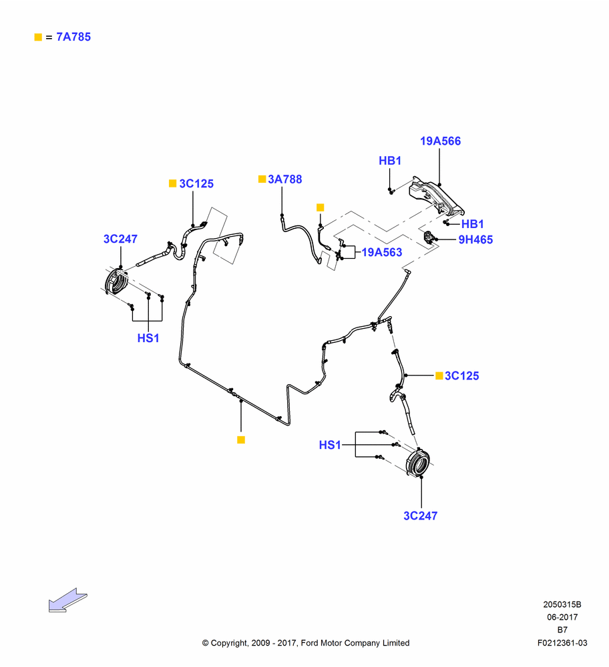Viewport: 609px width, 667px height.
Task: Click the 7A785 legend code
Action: (x=73, y=37)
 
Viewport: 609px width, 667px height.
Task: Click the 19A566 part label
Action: (x=440, y=141)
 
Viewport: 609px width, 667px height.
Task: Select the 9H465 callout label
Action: (x=475, y=239)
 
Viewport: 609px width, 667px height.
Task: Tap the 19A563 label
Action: (x=381, y=252)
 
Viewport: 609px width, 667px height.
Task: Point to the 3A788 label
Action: (x=285, y=179)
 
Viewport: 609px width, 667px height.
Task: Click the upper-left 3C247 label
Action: (x=120, y=239)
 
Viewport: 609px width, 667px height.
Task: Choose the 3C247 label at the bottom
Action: (x=420, y=516)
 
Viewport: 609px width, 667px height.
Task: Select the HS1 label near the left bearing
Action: (x=148, y=338)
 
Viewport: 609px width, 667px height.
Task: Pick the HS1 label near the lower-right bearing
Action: (x=330, y=445)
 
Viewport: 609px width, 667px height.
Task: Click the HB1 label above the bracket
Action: (x=390, y=161)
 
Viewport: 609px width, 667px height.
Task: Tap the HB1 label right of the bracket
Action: (x=473, y=223)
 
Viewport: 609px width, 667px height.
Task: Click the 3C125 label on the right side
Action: (x=461, y=376)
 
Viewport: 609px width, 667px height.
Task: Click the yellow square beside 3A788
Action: (x=262, y=179)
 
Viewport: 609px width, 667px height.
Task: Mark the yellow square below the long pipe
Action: (x=241, y=440)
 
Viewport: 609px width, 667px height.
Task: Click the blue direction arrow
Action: (x=67, y=600)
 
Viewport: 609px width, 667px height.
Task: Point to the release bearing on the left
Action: (x=116, y=281)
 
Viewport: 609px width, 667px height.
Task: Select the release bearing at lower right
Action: (x=417, y=462)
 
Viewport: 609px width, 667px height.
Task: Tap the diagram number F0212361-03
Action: (x=562, y=643)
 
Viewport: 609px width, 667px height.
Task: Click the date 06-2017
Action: (x=562, y=617)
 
